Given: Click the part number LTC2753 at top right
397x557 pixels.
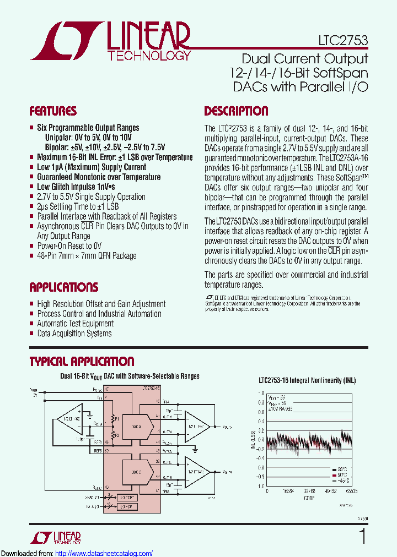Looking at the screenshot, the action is (342, 40).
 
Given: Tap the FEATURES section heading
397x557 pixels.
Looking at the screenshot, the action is (53, 111).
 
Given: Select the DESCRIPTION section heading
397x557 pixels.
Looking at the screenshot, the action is (236, 111).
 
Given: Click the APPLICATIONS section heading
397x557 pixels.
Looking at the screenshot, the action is (63, 287).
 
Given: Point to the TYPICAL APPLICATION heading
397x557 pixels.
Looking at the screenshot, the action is (81, 362).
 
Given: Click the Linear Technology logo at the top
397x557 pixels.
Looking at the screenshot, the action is (110, 40).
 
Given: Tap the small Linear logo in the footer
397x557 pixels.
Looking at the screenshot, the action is (55, 537).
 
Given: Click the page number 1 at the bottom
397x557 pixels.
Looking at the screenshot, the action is (362, 536).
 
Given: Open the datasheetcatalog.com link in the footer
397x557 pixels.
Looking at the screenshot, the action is (104, 553).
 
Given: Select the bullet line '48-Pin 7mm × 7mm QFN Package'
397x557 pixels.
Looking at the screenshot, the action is (87, 256).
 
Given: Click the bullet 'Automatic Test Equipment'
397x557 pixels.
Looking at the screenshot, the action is (76, 324).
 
